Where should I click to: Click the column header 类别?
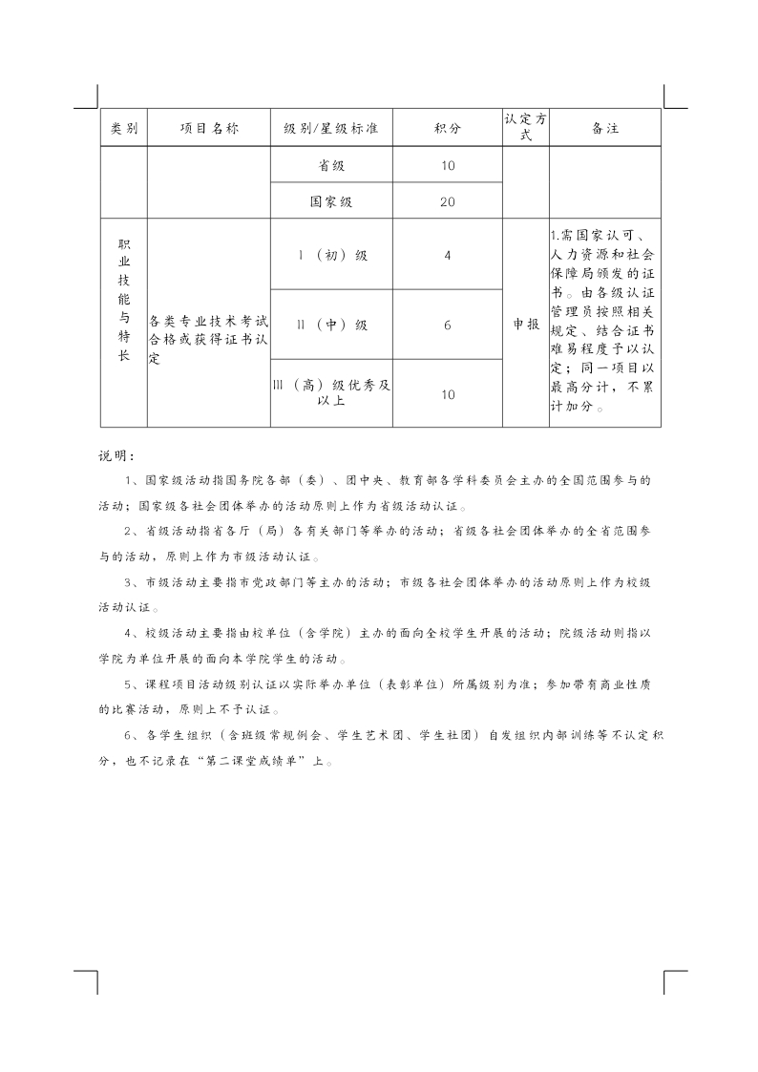pyautogui.click(x=124, y=128)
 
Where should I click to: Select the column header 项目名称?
pyautogui.click(x=209, y=128)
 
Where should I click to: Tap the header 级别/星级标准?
pyautogui.click(x=331, y=128)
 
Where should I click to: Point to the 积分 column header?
pyautogui.click(x=448, y=128)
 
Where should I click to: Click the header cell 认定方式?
pyautogui.click(x=526, y=127)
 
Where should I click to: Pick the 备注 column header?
pyautogui.click(x=605, y=128)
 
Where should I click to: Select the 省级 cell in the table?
pyautogui.click(x=331, y=165)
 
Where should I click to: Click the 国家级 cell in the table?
pyautogui.click(x=331, y=201)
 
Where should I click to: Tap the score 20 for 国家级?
pyautogui.click(x=448, y=201)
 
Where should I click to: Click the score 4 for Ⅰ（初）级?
pyautogui.click(x=448, y=255)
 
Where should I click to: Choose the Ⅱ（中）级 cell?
pyautogui.click(x=331, y=325)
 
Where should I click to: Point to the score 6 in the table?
pyautogui.click(x=448, y=325)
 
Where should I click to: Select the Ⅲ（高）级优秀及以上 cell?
pyautogui.click(x=331, y=392)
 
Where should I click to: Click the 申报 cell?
pyautogui.click(x=526, y=325)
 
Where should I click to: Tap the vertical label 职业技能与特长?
pyautogui.click(x=124, y=301)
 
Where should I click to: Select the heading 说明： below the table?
pyautogui.click(x=118, y=453)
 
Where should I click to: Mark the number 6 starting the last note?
pyautogui.click(x=129, y=737)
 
